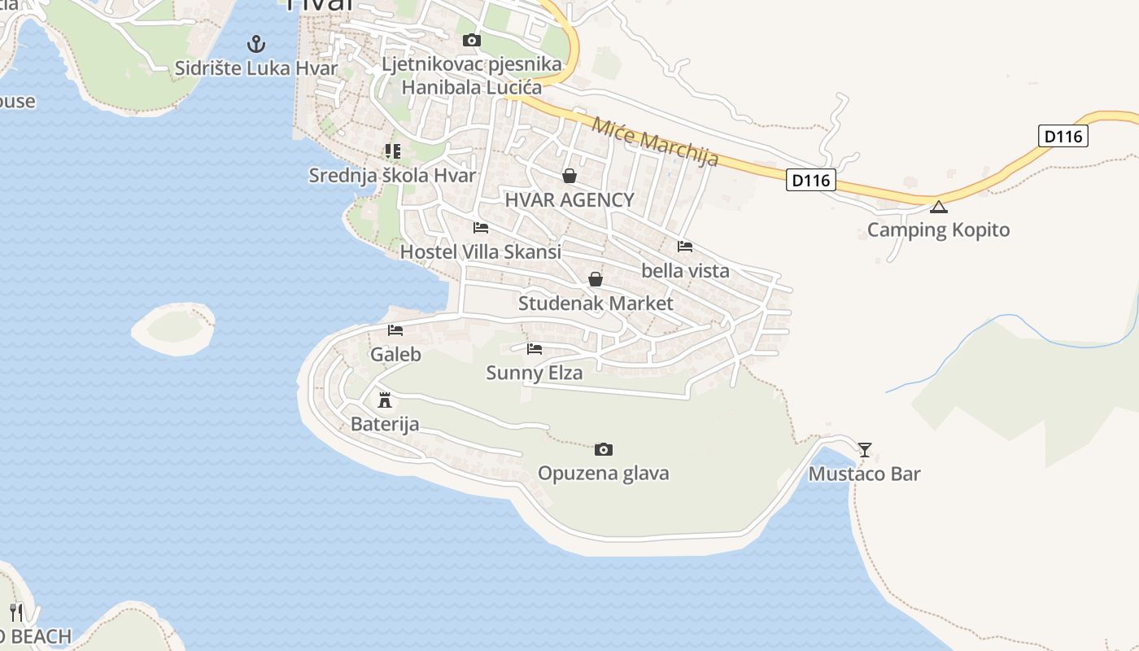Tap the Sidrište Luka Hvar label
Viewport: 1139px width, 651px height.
256,68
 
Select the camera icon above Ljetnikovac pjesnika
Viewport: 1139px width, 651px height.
471,40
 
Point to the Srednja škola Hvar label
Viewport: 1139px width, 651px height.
392,175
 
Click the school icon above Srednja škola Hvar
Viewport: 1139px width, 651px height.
393,151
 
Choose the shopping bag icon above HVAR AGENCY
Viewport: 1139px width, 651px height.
569,176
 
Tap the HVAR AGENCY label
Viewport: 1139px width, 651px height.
569,200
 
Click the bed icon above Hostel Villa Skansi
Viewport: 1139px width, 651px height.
481,228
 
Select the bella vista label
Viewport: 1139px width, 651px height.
685,270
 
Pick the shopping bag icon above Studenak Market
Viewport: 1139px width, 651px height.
596,279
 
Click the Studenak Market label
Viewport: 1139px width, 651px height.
596,304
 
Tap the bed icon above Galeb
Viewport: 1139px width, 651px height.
395,330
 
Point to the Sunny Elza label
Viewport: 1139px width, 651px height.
535,373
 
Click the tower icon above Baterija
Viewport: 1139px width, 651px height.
385,400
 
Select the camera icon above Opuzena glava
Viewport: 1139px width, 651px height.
603,449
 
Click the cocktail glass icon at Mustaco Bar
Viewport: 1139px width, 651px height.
864,449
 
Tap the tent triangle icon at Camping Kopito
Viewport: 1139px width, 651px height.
939,207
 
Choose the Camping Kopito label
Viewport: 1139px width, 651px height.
938,229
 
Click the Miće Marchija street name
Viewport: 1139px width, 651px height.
655,142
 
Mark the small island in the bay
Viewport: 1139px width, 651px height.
173,328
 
